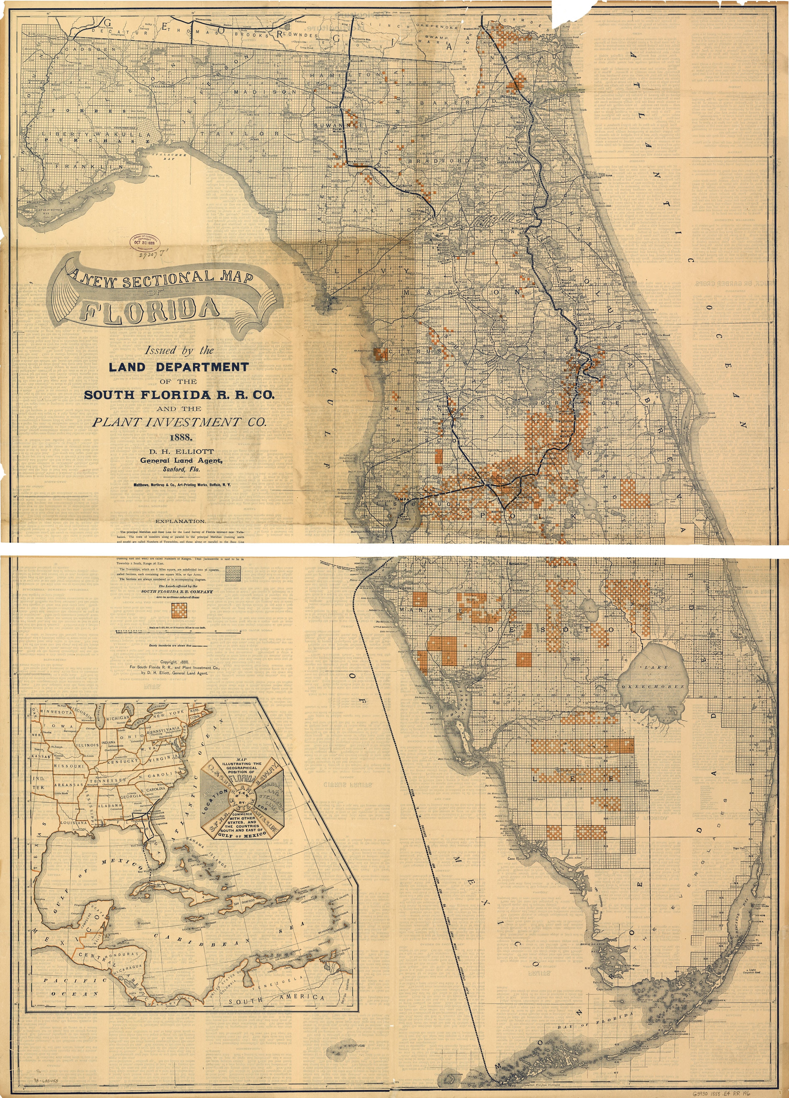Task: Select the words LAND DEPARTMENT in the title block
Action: [179, 367]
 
